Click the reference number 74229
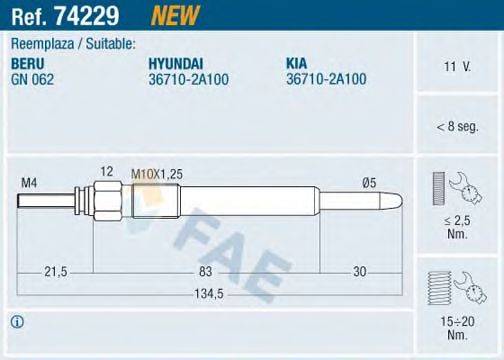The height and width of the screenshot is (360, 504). click(89, 15)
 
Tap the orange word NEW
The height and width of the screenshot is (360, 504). click(172, 15)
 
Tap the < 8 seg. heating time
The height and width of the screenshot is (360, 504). click(455, 127)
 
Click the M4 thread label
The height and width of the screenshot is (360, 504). click(29, 181)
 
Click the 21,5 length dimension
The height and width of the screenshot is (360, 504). click(56, 270)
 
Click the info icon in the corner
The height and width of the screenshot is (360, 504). click(17, 321)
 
